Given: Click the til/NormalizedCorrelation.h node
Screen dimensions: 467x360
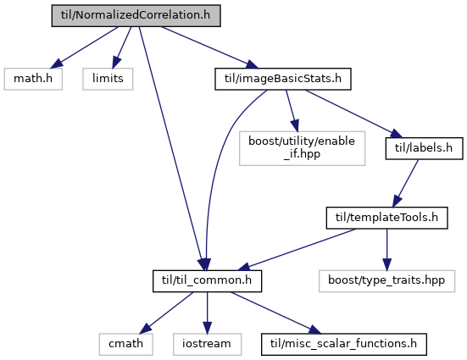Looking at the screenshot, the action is pyautogui.click(x=136, y=15).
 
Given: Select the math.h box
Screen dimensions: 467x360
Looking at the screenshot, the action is pyautogui.click(x=33, y=79).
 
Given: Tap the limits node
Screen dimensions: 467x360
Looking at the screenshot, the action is pyautogui.click(x=108, y=79).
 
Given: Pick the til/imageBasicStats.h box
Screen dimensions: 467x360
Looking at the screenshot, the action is pyautogui.click(x=283, y=79).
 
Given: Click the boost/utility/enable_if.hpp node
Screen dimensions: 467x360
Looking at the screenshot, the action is pyautogui.click(x=302, y=148).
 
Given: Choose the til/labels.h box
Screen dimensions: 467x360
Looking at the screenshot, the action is pyautogui.click(x=424, y=148).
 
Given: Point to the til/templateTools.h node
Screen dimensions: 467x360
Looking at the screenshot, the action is pyautogui.click(x=386, y=218).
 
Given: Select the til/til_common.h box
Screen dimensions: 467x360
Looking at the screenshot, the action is pyautogui.click(x=208, y=281).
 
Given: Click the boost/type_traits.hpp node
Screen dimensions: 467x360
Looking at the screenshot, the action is pyautogui.click(x=386, y=281).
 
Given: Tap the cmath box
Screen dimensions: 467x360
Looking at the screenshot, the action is pyautogui.click(x=126, y=344).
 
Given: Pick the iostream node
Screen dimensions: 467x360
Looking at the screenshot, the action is pyautogui.click(x=208, y=344).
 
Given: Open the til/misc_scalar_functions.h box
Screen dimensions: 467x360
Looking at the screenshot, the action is pyautogui.click(x=344, y=344).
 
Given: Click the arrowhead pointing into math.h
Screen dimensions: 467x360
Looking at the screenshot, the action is pyautogui.click(x=57, y=64).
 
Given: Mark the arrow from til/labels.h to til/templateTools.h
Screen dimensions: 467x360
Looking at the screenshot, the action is pyautogui.click(x=405, y=183).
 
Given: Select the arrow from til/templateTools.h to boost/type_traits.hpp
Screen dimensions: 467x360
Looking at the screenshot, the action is pyautogui.click(x=386, y=250).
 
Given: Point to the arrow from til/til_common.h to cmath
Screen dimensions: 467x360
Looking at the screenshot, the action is pyautogui.click(x=166, y=313).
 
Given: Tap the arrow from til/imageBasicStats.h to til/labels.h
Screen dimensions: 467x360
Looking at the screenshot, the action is pyautogui.click(x=353, y=114).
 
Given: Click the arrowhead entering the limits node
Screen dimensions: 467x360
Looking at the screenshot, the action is pyautogui.click(x=116, y=63).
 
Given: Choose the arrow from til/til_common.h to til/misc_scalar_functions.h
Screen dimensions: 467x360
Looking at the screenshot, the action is pyautogui.click(x=276, y=313).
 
